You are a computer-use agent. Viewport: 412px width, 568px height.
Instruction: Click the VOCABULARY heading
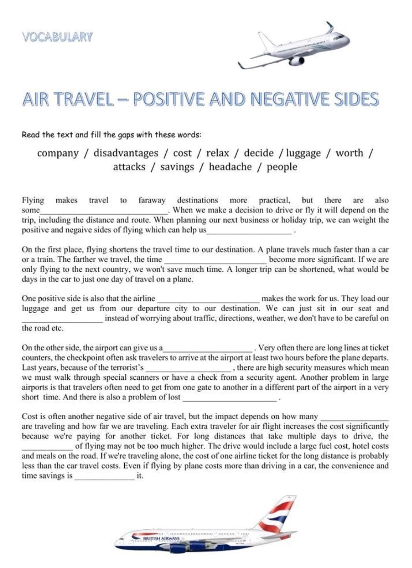pos(57,37)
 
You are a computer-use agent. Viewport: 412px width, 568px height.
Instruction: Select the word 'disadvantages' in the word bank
pos(126,153)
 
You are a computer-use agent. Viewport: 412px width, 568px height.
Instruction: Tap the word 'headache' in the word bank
pos(230,167)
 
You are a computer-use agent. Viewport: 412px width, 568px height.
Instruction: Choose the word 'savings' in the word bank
pos(177,167)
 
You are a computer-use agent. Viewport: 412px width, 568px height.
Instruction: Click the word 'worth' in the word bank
pos(349,153)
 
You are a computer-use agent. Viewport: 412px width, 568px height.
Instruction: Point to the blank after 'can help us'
pos(249,231)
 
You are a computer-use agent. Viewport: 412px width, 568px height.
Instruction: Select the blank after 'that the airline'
pos(208,299)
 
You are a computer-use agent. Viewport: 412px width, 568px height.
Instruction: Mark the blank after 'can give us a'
pos(208,349)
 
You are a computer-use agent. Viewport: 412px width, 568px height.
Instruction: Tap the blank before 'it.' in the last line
pos(104,477)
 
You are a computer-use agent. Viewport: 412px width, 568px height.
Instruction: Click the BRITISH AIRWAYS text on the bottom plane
pos(161,538)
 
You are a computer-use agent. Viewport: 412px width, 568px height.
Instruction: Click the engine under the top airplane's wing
pos(297,61)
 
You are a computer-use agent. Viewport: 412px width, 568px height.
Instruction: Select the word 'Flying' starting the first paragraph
pos(33,200)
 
